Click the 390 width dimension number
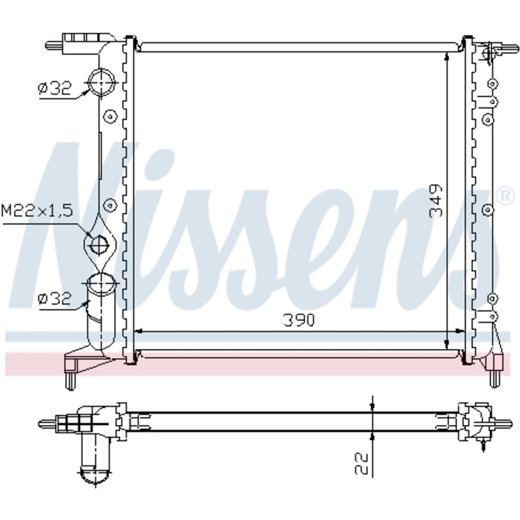(298, 320)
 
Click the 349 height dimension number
(436, 201)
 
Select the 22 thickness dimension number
(361, 464)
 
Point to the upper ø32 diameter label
(55, 88)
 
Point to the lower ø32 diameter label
(55, 298)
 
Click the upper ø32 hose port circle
(101, 82)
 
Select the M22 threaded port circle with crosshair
(99, 245)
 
